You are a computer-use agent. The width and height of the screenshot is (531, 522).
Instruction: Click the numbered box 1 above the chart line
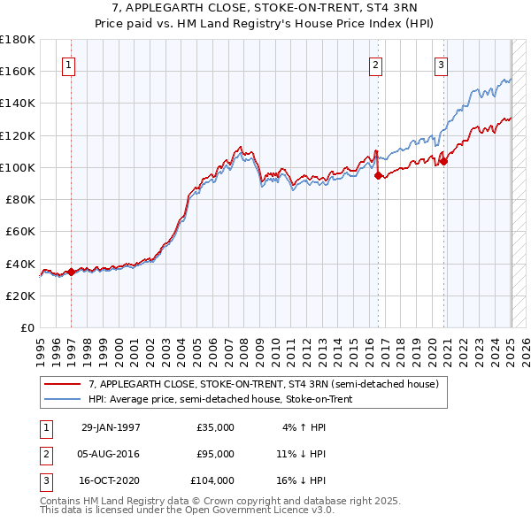point(68,64)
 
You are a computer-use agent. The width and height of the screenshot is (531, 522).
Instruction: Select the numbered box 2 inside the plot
point(375,64)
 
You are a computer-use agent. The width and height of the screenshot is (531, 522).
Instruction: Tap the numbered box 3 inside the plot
point(440,64)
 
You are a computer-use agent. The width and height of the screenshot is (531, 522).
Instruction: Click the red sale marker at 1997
point(71,272)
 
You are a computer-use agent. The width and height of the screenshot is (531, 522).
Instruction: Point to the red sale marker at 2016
point(378,176)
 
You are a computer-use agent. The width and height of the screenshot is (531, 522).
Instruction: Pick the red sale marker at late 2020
point(444,161)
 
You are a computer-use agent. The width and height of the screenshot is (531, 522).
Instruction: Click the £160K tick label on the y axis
point(18,71)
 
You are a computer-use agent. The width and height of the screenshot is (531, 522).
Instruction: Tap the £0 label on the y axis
point(27,327)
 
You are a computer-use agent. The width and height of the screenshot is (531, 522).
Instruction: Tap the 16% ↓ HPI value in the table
point(301,480)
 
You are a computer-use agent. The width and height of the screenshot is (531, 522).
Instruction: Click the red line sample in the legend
point(62,384)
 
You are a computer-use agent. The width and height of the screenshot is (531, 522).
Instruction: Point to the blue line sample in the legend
point(62,399)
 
